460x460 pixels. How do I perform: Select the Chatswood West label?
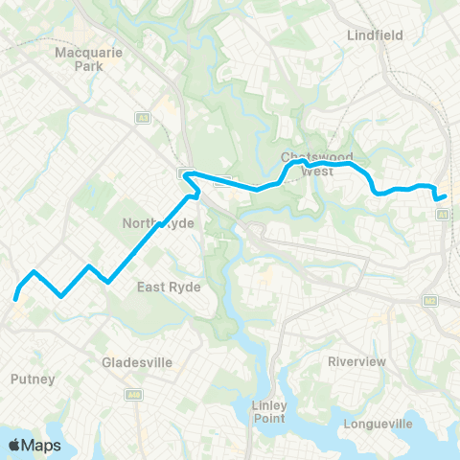(317, 164)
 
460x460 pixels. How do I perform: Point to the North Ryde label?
(159, 222)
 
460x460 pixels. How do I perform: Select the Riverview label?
(356, 361)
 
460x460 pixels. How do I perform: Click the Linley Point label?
(270, 410)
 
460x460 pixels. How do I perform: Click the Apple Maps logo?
(34, 446)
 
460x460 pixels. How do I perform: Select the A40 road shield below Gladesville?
(134, 394)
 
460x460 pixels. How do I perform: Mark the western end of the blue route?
(16, 299)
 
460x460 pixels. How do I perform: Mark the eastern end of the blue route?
(446, 196)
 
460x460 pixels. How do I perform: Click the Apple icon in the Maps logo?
(14, 445)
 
